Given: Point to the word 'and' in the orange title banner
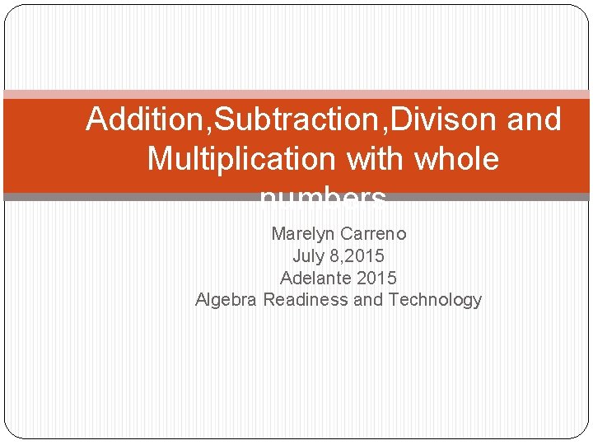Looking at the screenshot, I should click(535, 120).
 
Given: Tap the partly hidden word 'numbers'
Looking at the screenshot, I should click(322, 198).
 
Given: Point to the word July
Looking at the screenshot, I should click(308, 256).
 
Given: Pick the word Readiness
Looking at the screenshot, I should click(306, 300).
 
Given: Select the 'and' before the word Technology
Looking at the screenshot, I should click(367, 300).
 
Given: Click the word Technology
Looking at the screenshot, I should click(435, 300).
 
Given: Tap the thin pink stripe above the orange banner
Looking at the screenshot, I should click(296, 95).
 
